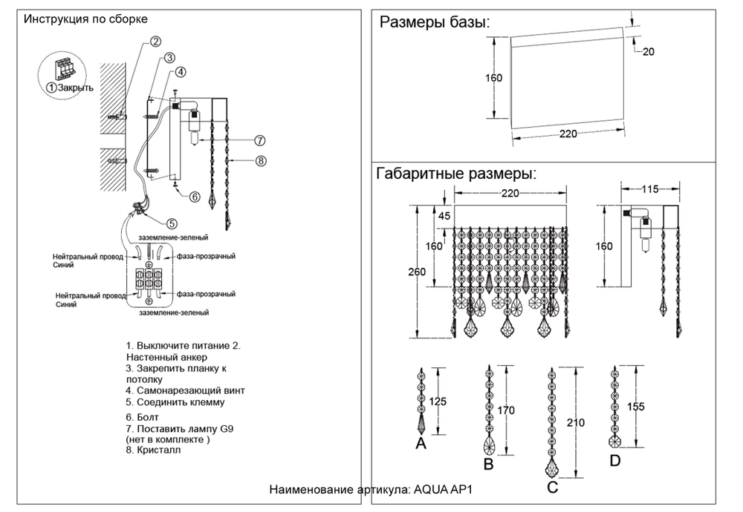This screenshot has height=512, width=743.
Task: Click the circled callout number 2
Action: [x=155, y=42]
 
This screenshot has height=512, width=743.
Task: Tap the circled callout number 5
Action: [x=172, y=223]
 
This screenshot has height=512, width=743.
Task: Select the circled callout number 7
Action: [x=259, y=140]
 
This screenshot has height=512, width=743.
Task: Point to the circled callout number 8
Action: [x=260, y=160]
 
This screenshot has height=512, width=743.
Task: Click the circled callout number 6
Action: [x=195, y=197]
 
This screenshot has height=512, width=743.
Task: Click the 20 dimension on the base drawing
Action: [x=648, y=52]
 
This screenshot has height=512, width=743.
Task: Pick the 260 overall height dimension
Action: [x=417, y=272]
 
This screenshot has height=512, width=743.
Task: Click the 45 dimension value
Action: [x=444, y=216]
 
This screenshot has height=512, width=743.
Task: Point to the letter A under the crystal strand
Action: [x=421, y=444]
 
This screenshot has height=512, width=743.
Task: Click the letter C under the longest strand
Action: [x=551, y=488]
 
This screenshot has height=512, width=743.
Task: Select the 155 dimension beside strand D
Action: [x=636, y=407]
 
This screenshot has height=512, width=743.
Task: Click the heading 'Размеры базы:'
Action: [x=435, y=22]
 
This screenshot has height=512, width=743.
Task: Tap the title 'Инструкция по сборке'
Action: [x=85, y=19]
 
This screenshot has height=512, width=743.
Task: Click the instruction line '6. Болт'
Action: [x=143, y=418]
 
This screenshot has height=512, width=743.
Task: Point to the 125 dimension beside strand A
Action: [x=438, y=401]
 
